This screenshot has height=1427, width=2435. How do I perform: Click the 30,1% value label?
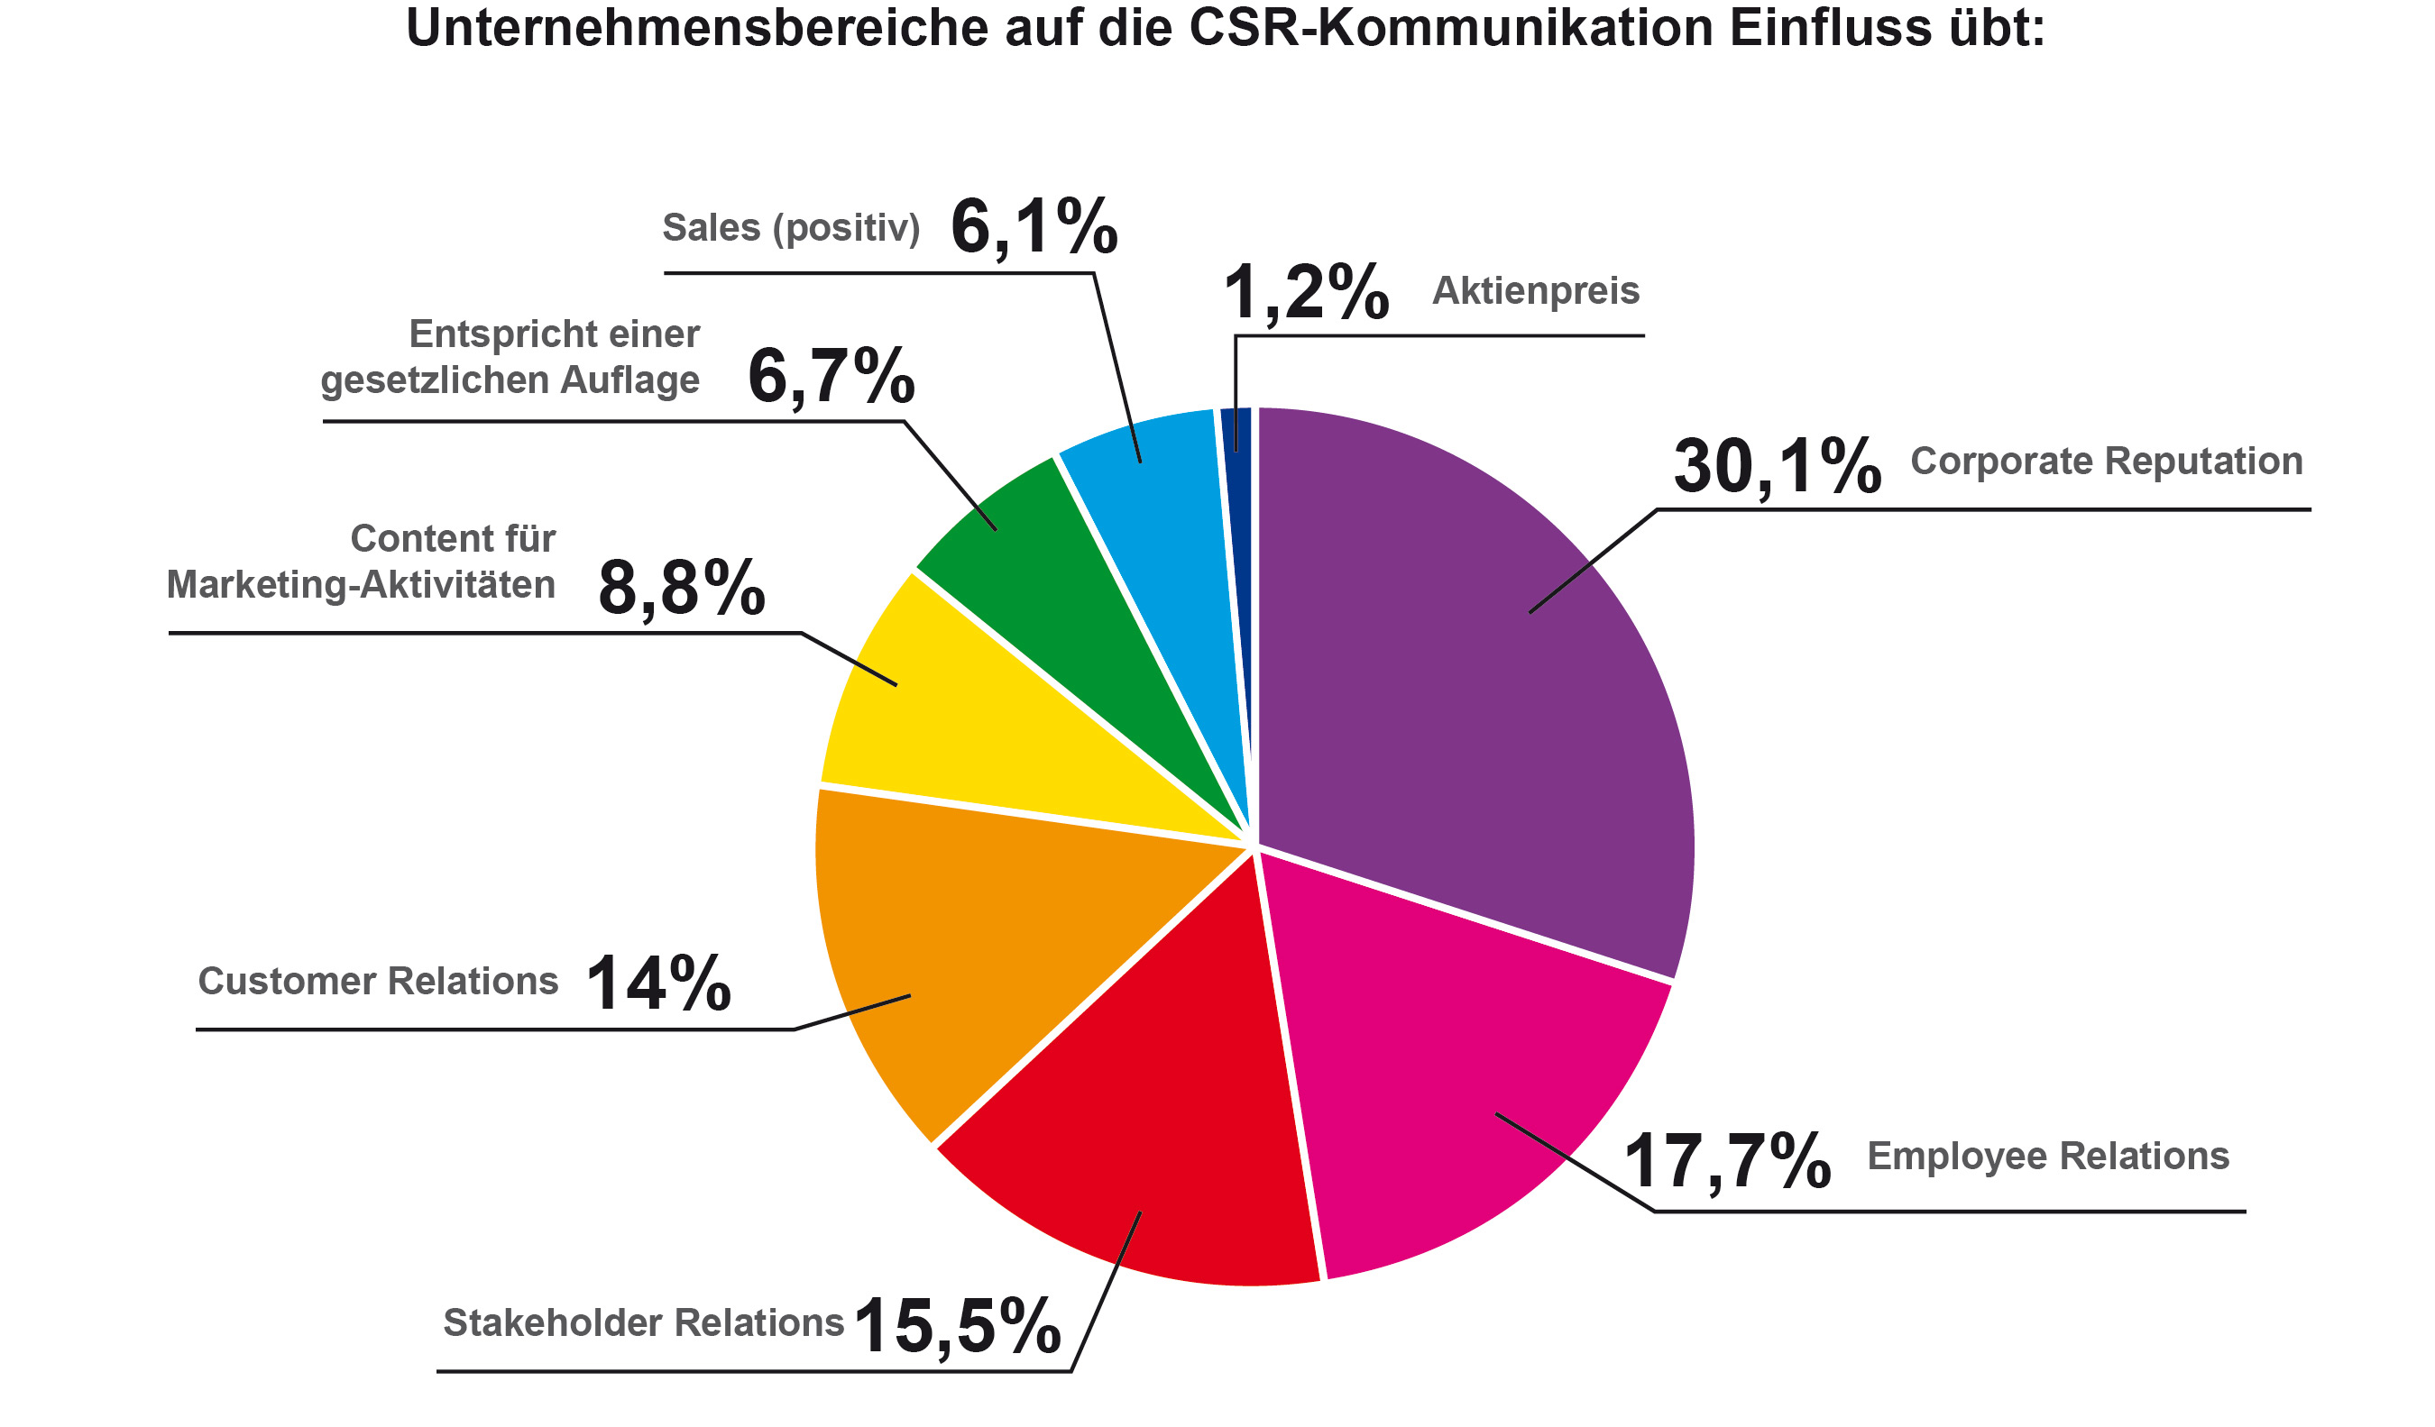point(1776,468)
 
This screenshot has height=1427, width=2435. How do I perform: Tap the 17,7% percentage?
point(1726,1161)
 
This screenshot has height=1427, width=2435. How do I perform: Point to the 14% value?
point(658,984)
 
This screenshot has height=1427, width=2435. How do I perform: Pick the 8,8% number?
point(681,588)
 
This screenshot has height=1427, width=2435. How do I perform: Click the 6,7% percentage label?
point(830,376)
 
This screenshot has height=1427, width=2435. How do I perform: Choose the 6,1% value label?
point(1033,228)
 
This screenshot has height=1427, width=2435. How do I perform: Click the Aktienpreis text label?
point(1534,291)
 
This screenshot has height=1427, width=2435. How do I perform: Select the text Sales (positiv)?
point(790,228)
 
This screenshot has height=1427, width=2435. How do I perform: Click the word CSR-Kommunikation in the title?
point(1449,27)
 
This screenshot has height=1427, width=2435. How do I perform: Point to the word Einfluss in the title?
point(1829,27)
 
